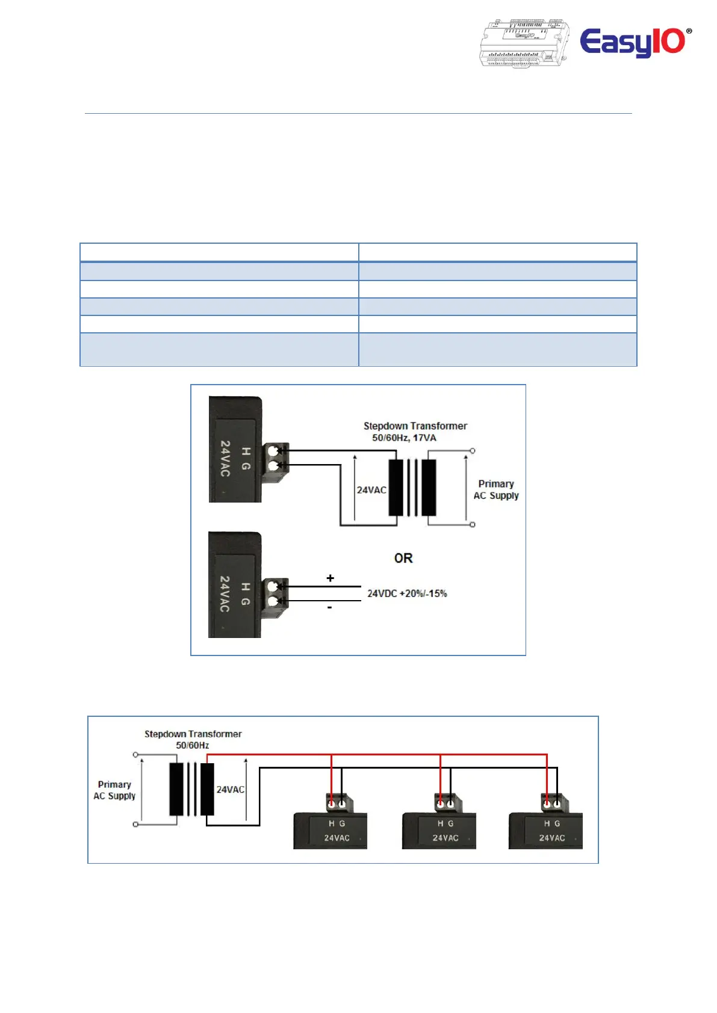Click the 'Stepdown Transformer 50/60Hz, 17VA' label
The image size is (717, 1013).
(x=415, y=432)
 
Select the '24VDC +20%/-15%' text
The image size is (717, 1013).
(x=407, y=593)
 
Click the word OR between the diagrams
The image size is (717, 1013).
(x=403, y=558)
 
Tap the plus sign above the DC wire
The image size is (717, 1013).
(x=331, y=578)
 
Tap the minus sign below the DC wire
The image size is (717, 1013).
(x=330, y=607)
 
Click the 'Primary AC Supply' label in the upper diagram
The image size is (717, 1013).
(x=496, y=490)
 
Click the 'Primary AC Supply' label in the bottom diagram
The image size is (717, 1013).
(x=114, y=790)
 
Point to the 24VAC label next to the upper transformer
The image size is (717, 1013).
(x=371, y=490)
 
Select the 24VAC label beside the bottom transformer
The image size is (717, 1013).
(x=230, y=790)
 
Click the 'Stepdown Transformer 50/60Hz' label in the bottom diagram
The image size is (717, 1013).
(x=193, y=739)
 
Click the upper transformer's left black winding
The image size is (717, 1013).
(x=396, y=488)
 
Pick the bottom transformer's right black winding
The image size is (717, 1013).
(x=207, y=789)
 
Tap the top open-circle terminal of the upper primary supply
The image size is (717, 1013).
(x=472, y=451)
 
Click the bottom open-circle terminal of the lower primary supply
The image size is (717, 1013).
(x=135, y=825)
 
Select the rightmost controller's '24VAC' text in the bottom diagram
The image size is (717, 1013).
(x=552, y=838)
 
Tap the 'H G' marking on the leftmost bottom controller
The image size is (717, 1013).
(x=337, y=823)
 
